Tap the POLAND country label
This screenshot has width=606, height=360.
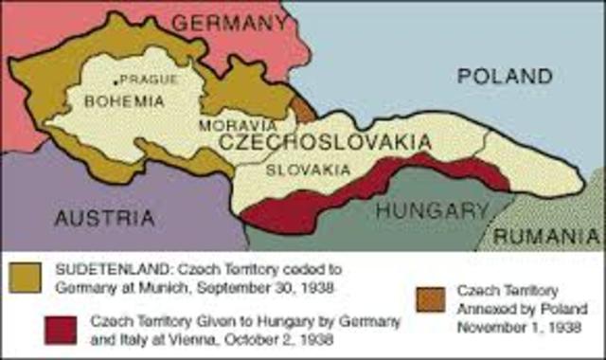click(504, 76)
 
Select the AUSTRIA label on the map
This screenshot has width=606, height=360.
click(103, 218)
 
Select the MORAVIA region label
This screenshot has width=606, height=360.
click(240, 125)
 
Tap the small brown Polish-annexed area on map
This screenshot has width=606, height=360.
click(302, 107)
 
